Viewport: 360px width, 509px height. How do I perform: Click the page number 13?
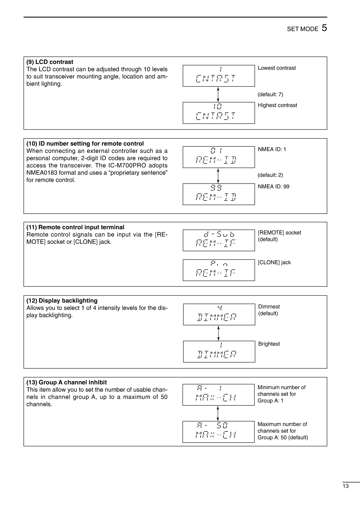(x=345, y=486)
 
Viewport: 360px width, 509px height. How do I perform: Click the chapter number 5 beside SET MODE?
(x=324, y=28)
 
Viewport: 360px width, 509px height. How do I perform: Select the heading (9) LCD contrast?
(x=50, y=62)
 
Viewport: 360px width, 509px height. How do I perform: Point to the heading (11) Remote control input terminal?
(x=75, y=227)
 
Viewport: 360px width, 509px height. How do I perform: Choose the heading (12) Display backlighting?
(x=62, y=301)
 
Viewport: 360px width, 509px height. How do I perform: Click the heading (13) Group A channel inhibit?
(x=67, y=382)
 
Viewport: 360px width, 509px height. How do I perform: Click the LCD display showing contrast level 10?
(x=218, y=113)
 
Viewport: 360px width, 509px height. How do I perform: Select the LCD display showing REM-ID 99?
(x=218, y=194)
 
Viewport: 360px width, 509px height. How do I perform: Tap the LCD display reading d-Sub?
(x=218, y=240)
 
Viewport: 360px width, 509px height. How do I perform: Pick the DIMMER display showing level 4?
(x=219, y=314)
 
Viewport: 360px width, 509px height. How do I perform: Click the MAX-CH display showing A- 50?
(x=218, y=432)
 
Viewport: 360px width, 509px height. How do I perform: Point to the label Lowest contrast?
(x=277, y=68)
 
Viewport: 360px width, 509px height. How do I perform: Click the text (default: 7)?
(x=270, y=94)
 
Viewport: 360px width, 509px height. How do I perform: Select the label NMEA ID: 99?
(x=273, y=186)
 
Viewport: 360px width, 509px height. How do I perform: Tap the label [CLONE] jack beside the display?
(x=274, y=262)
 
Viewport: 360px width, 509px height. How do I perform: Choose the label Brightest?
(x=269, y=344)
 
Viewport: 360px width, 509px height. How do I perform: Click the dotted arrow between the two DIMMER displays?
(x=218, y=333)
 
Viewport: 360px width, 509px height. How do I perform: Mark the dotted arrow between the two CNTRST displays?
(x=218, y=94)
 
